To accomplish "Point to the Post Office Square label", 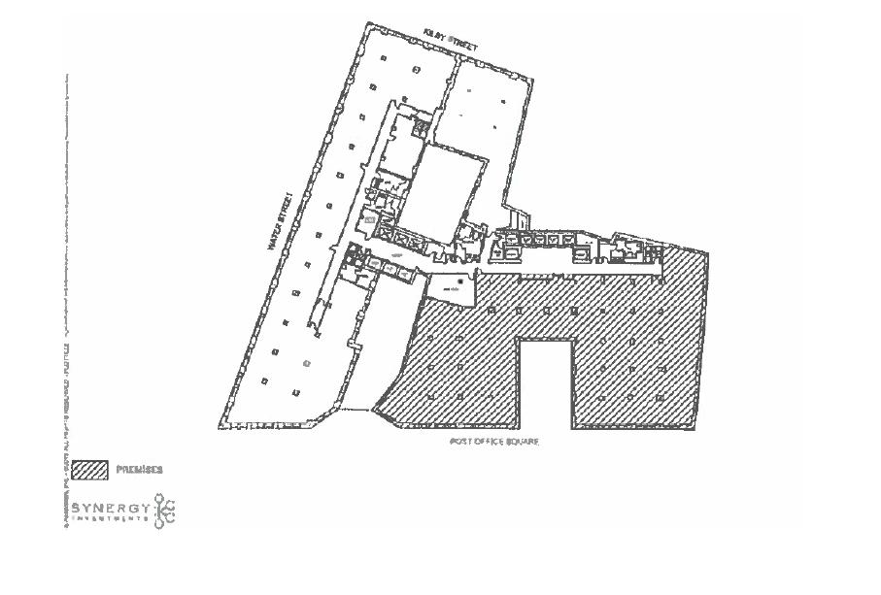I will point(493,442).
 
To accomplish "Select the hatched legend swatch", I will point(90,471).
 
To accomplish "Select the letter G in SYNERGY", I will point(133,508).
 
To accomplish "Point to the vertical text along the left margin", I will point(67,291).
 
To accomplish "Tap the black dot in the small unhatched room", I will point(461,281).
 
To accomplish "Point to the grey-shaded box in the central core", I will point(370,220).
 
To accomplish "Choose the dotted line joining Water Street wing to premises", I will point(356,410).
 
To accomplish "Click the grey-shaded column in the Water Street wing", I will point(307,363).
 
